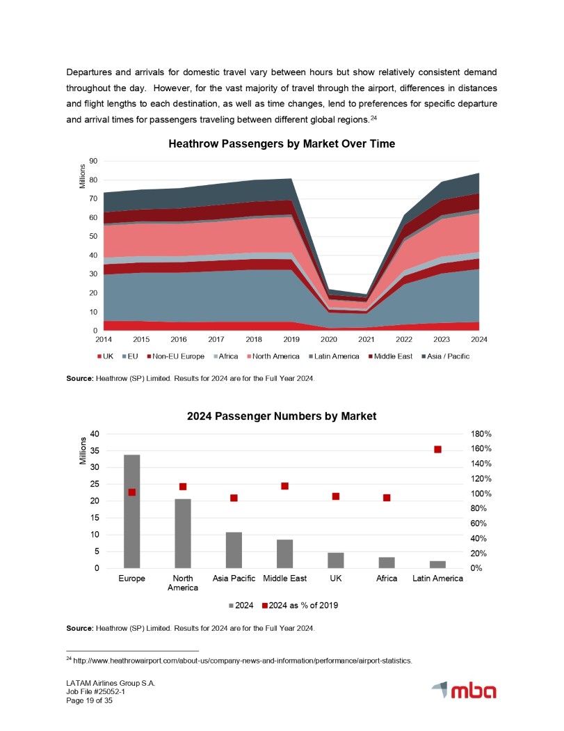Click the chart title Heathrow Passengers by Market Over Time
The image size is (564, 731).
tap(281, 144)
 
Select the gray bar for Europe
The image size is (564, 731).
tap(131, 512)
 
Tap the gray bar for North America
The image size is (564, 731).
tap(183, 533)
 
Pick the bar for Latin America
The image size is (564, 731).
tap(437, 565)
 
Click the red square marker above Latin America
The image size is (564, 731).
tap(438, 450)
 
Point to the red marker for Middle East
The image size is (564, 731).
tap(285, 486)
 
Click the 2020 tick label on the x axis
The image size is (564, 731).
tap(328, 340)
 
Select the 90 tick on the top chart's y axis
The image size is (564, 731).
tap(92, 162)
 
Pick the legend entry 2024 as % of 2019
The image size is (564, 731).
tap(300, 604)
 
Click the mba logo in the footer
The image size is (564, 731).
tap(464, 691)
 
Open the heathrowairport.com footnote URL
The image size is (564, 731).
tap(243, 661)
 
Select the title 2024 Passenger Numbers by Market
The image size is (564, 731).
tap(281, 416)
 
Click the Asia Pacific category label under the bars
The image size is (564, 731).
tap(234, 579)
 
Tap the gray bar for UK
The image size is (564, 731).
tap(336, 560)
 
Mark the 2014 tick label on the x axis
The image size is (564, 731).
tap(103, 340)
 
